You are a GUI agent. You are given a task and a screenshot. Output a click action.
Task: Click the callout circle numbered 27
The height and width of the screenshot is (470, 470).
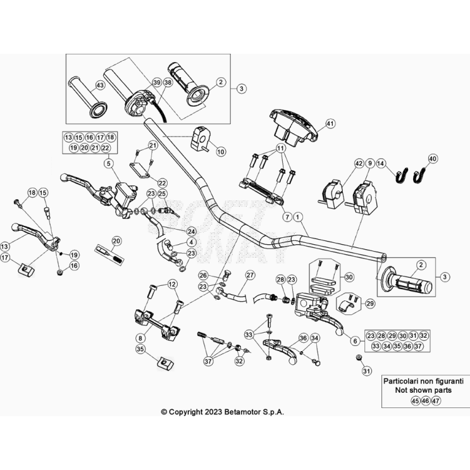point(250,275)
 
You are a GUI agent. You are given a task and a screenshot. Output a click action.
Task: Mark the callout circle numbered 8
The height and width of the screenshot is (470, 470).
point(140,338)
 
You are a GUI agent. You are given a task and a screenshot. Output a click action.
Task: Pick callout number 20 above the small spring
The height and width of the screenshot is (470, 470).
point(116,240)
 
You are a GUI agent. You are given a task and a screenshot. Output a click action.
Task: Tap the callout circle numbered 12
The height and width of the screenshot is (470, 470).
point(172,285)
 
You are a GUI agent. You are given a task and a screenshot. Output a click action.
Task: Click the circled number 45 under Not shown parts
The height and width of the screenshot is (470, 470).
point(415,400)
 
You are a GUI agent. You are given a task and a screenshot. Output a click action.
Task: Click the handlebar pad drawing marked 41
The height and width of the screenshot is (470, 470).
point(292,123)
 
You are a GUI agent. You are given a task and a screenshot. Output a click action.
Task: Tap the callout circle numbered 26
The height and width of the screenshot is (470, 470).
point(203,275)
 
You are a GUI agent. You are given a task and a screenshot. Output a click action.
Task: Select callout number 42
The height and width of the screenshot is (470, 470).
point(359,164)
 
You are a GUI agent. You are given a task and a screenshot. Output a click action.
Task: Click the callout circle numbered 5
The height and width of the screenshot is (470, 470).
point(108,163)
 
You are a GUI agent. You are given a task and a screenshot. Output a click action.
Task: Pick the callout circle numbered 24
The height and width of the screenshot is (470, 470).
point(192,231)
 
